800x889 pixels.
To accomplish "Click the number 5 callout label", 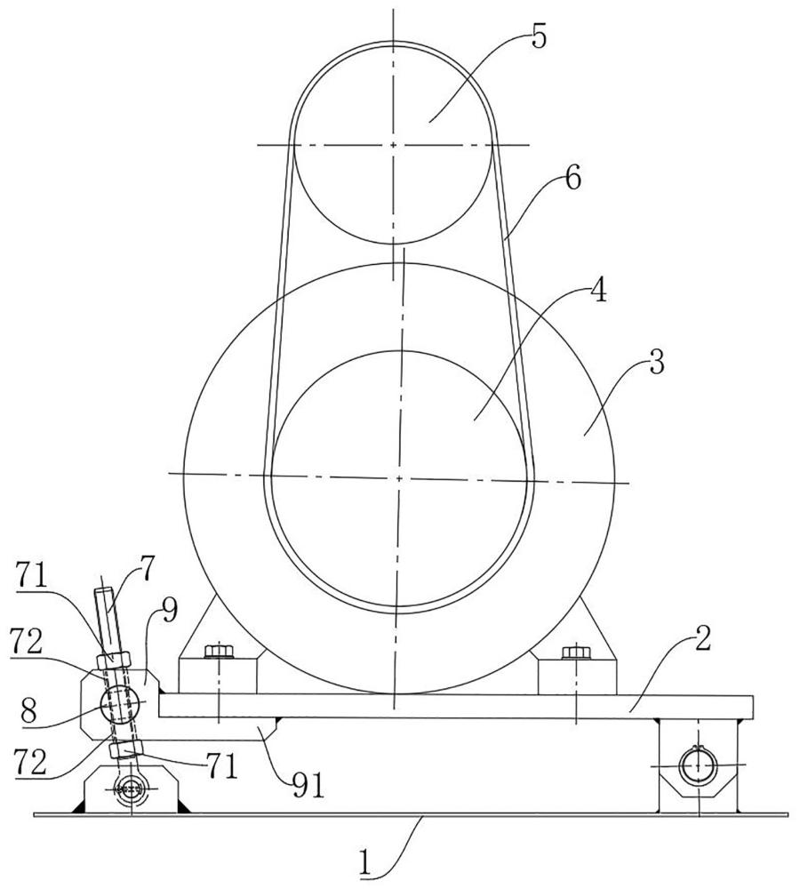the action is click(539, 36).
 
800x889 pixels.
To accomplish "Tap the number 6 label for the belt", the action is click(572, 180).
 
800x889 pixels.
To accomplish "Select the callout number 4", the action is click(597, 291).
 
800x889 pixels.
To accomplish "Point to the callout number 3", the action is click(657, 361).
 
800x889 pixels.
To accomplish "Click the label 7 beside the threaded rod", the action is click(147, 570).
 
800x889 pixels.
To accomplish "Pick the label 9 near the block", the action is click(169, 610).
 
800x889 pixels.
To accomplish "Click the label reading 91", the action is click(308, 786).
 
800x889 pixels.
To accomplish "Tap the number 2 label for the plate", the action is click(702, 639).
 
